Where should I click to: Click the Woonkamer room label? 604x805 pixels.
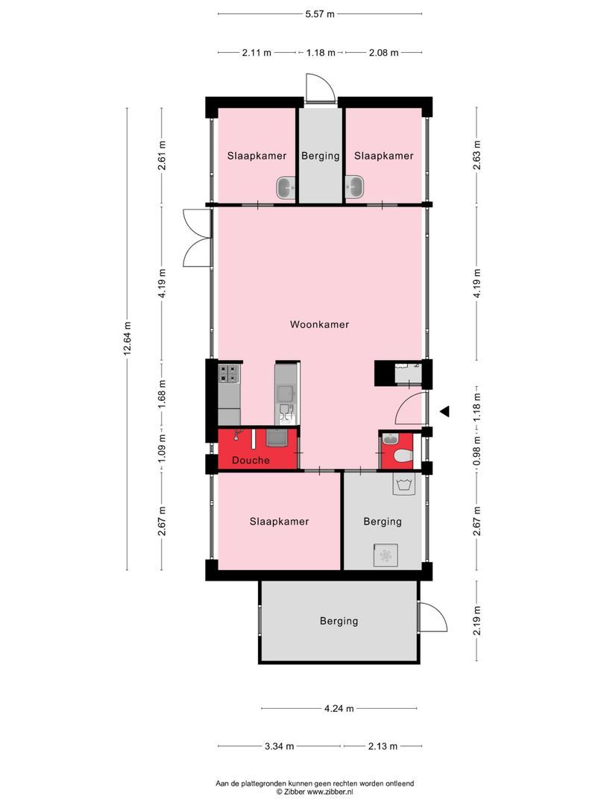click(x=319, y=325)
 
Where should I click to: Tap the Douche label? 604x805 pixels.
click(x=250, y=461)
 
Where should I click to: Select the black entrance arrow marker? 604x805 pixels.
click(x=444, y=411)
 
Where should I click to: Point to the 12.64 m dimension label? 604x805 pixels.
click(x=128, y=339)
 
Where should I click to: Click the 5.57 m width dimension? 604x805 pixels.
click(x=320, y=13)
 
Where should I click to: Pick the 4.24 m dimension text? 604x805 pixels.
click(x=339, y=709)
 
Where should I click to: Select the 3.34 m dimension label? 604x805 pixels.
click(x=279, y=746)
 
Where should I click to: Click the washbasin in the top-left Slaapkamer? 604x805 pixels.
click(x=286, y=187)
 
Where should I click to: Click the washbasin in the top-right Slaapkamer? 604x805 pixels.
click(x=355, y=186)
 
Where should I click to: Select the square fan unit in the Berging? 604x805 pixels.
click(x=386, y=555)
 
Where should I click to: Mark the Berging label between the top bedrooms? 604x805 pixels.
click(x=321, y=157)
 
